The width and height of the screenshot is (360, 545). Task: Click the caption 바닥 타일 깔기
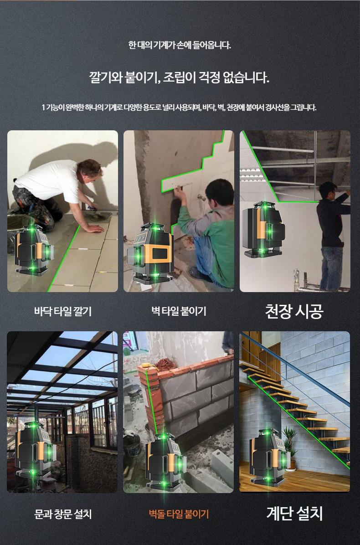63,311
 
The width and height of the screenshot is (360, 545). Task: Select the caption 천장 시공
294,311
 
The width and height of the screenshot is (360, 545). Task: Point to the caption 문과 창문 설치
63,514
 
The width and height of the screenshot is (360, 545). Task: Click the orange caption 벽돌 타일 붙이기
179,514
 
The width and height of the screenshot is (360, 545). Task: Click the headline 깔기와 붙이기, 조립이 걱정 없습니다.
179,77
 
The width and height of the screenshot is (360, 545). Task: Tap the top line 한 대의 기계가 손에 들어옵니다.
180,45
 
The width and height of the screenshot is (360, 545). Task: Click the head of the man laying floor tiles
90,170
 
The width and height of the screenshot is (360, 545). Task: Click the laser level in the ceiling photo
263,229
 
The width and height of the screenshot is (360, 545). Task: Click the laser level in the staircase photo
269,458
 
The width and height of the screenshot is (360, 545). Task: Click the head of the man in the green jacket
219,192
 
